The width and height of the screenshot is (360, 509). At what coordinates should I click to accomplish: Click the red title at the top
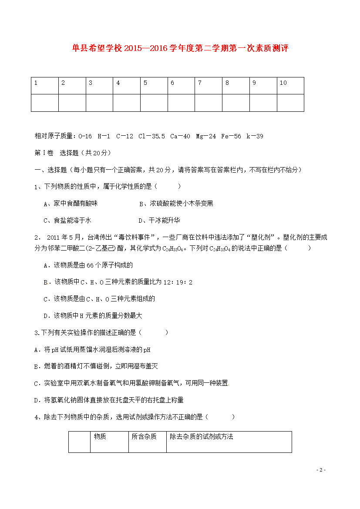[180, 48]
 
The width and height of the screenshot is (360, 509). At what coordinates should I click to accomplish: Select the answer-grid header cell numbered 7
[208, 85]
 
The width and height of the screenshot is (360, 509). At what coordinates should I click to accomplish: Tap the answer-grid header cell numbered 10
[290, 85]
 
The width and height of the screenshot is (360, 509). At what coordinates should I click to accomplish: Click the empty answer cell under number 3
[99, 103]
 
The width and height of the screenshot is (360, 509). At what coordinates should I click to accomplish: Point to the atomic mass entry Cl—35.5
[151, 136]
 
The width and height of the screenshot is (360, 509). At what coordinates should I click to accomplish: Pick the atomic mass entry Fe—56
[231, 136]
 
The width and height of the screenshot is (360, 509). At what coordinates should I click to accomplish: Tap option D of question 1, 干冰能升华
[159, 220]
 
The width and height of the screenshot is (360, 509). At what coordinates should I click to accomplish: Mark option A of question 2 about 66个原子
[88, 265]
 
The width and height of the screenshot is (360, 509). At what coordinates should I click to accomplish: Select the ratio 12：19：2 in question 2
[178, 282]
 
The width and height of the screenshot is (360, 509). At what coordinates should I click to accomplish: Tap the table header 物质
[100, 436]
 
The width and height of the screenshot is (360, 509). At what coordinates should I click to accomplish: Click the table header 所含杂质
[144, 436]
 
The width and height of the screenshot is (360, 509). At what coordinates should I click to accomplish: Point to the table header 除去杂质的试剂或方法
[202, 436]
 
